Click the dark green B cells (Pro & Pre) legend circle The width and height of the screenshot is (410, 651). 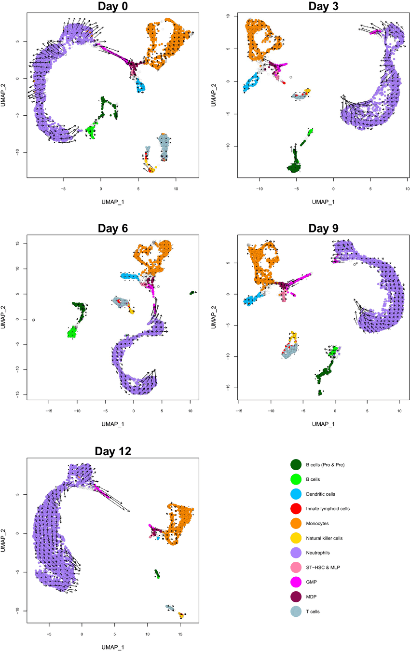pos(296,465)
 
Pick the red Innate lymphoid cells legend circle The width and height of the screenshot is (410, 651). pos(296,509)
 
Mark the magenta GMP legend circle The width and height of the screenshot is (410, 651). pos(296,582)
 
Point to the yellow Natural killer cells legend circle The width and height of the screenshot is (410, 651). pos(296,538)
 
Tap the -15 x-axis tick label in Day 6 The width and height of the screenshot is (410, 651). pos(48,411)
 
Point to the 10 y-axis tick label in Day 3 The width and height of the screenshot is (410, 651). pos(228,16)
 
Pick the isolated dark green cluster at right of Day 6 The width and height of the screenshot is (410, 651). pos(192,292)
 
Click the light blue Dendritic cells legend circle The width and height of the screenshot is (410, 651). pos(296,494)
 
